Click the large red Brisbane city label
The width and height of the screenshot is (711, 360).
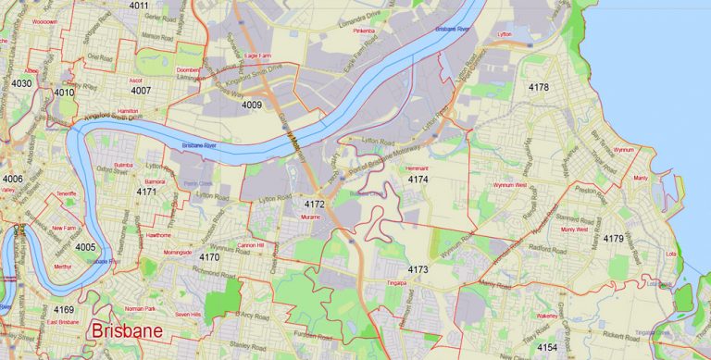125,331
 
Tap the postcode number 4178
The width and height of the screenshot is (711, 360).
538,87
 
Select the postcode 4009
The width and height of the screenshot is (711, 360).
252,106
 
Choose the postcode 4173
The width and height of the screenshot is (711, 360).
418,269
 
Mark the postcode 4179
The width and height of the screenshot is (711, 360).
613,239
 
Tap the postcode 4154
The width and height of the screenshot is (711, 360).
547,347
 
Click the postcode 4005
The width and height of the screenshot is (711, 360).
85,247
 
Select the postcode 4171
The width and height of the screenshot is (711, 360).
146,192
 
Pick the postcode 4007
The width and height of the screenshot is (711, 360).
141,91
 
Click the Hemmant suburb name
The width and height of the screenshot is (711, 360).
418,168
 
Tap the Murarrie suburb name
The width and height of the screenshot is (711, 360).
309,216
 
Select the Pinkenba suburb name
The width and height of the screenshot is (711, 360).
363,31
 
